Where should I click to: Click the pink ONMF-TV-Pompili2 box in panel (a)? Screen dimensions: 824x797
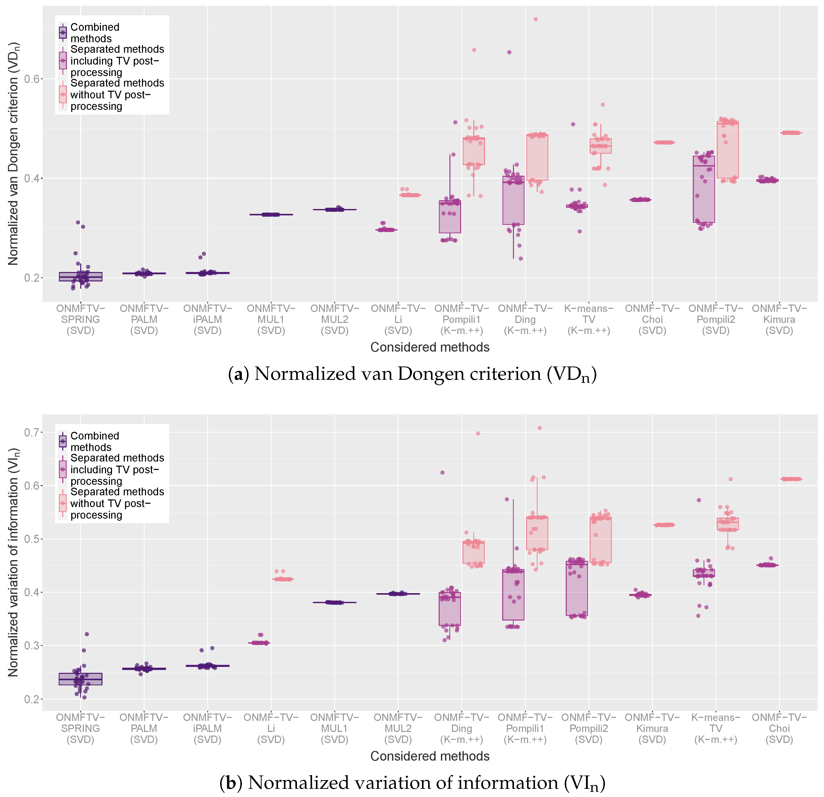tap(728, 150)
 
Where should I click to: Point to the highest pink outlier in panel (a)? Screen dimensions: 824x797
tap(535, 19)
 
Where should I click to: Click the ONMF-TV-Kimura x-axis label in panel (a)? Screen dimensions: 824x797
tap(779, 319)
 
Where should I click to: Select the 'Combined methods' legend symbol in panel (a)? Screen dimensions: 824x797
tap(63, 32)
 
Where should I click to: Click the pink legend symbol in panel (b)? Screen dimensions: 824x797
tap(63, 503)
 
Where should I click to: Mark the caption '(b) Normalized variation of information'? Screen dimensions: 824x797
tap(412, 783)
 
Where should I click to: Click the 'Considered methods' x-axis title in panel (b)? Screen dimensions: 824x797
tap(430, 756)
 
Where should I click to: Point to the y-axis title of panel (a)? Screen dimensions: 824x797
tap(14, 154)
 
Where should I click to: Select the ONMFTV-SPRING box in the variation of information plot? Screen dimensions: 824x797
tap(81, 679)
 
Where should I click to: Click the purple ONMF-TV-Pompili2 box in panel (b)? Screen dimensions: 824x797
tap(577, 589)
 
